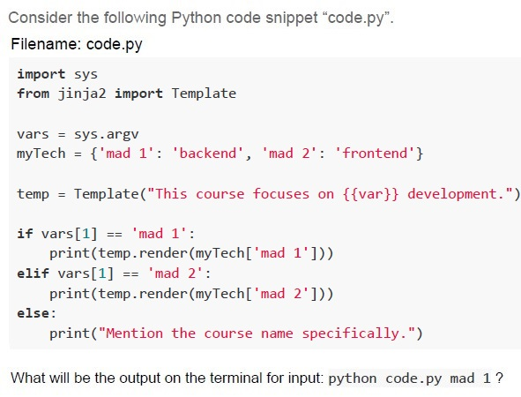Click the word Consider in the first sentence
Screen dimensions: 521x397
40,18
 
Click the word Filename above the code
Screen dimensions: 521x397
46,44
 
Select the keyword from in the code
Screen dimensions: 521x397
33,94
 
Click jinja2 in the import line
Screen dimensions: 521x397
82,94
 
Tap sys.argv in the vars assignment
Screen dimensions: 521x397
107,135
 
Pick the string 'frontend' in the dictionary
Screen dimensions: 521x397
375,154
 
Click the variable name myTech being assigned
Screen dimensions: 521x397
41,154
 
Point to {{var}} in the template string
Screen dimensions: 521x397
370,194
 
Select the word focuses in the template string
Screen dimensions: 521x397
280,194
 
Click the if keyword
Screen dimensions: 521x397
26,234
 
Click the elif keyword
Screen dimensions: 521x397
33,273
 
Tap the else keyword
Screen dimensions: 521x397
33,313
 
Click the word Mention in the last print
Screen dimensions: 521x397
134,333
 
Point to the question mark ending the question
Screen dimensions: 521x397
500,378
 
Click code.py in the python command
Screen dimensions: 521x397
413,379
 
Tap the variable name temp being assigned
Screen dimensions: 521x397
33,194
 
